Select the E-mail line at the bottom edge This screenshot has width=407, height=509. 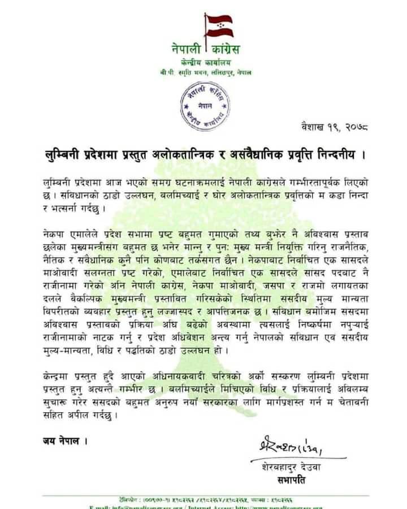coord(203,507)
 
